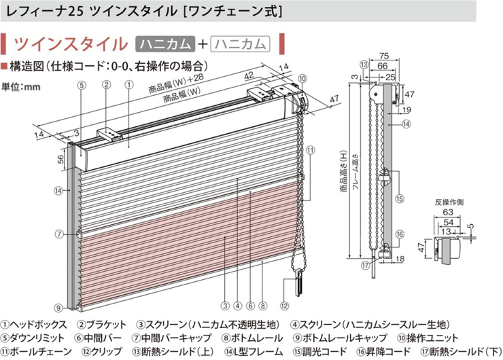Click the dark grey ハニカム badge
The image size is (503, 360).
(x=165, y=44)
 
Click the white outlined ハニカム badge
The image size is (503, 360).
(x=240, y=44)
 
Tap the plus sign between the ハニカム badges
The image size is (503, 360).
(x=203, y=44)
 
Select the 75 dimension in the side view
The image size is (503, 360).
(x=383, y=56)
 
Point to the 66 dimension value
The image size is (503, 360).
(x=383, y=66)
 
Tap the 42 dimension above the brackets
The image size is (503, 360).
(x=249, y=76)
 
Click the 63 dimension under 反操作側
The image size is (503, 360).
(x=448, y=212)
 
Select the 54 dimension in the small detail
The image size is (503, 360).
(x=449, y=222)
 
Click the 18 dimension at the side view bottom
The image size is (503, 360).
(x=400, y=258)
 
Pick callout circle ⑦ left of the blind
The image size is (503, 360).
(x=58, y=234)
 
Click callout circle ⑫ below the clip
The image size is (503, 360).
(x=284, y=306)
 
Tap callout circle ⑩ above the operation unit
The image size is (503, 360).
(x=302, y=78)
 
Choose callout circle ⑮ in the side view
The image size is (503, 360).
(x=400, y=199)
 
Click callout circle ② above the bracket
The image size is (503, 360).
(x=106, y=85)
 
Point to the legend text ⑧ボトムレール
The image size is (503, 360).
(x=252, y=338)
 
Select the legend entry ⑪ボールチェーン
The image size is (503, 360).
(x=36, y=352)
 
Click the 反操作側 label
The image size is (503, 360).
(x=449, y=202)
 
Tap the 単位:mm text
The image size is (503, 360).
(x=21, y=86)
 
